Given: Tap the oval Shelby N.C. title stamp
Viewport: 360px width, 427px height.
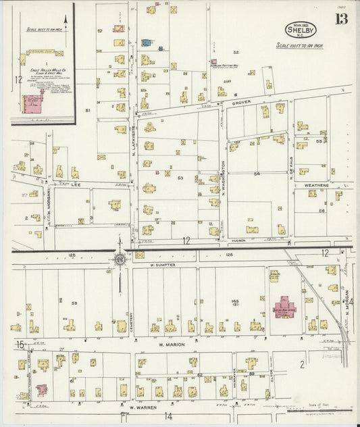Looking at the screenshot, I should (299, 30).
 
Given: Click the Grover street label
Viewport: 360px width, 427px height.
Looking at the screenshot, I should (241, 102).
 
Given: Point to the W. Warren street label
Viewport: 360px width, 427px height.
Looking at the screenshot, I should (138, 407).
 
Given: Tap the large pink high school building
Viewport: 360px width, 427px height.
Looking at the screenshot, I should (284, 308).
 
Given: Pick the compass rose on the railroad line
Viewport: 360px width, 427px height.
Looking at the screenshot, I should (120, 257).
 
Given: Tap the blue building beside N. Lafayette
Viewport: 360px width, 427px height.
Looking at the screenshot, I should (145, 43).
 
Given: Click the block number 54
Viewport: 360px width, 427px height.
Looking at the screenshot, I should (257, 174).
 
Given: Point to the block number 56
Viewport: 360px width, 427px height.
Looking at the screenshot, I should (322, 210).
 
